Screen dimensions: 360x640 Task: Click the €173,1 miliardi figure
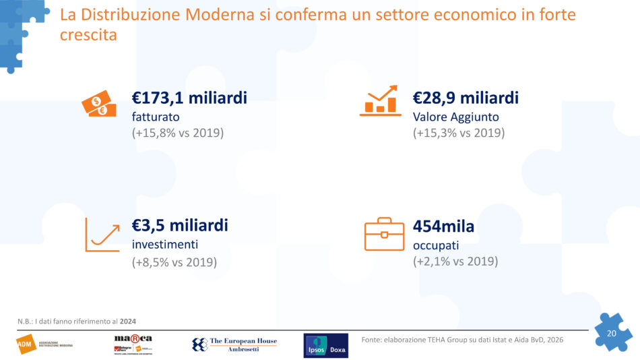(189, 98)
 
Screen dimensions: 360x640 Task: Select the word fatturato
(156, 117)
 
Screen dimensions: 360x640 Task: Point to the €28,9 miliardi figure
(466, 98)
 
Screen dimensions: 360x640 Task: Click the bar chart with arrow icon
(380, 100)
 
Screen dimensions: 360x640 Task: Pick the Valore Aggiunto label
(456, 117)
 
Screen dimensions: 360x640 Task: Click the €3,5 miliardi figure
(180, 226)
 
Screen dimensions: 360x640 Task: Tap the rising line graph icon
(102, 235)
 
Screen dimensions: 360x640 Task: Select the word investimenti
(165, 244)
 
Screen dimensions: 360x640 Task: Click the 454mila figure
(443, 227)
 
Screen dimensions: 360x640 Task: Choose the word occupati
(435, 245)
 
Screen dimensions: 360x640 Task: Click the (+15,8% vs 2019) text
(177, 133)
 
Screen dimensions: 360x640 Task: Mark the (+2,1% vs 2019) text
(455, 261)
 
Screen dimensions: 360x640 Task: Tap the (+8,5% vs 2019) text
(174, 262)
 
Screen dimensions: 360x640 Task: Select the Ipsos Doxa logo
(326, 345)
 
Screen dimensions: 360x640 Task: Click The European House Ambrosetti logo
(234, 344)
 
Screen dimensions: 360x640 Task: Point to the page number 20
(612, 334)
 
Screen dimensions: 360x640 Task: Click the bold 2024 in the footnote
(128, 320)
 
